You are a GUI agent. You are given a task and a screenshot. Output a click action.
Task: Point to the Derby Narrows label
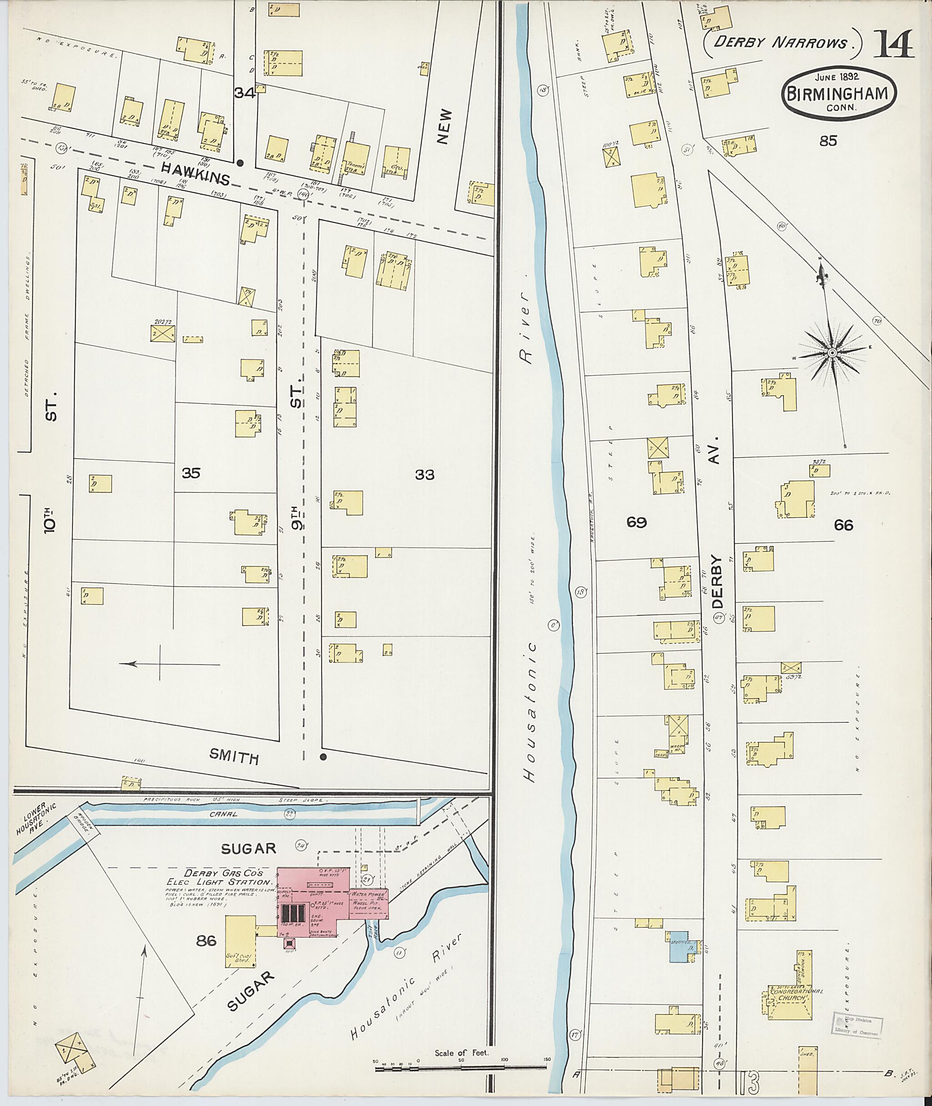pyautogui.click(x=781, y=42)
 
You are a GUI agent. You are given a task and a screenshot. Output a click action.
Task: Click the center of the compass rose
pyautogui.click(x=831, y=352)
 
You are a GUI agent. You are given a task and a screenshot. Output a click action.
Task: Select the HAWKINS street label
pyautogui.click(x=196, y=174)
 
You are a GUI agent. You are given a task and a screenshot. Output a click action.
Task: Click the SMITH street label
pyautogui.click(x=233, y=757)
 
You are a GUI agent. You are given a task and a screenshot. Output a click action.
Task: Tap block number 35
pyautogui.click(x=191, y=473)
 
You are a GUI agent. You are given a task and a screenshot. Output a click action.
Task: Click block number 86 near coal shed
pyautogui.click(x=207, y=941)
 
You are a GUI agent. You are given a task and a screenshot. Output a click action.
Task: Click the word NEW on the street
pyautogui.click(x=445, y=127)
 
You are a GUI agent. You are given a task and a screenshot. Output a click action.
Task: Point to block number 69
pyautogui.click(x=636, y=522)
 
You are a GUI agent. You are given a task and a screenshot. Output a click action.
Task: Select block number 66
pyautogui.click(x=843, y=525)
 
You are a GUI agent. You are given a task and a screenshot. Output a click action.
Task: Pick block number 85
pyautogui.click(x=828, y=141)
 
